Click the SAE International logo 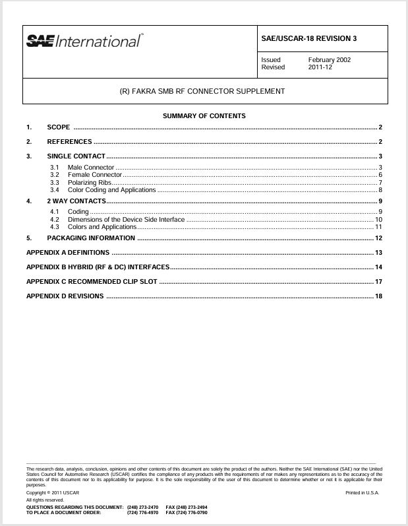[x=84, y=41]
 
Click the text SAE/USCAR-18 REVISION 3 [x=309, y=38]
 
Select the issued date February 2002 [x=329, y=60]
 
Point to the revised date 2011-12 [x=320, y=67]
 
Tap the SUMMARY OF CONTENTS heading [x=204, y=116]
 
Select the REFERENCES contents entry [x=69, y=142]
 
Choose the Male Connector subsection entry [x=90, y=168]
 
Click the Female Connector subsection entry [x=94, y=175]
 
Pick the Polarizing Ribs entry [x=90, y=182]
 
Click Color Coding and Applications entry [x=111, y=190]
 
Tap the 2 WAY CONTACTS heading [x=76, y=201]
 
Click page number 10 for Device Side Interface [x=378, y=219]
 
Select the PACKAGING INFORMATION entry [x=91, y=238]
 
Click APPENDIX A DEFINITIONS [x=67, y=253]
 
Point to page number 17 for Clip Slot [x=378, y=282]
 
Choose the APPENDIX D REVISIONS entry [x=65, y=296]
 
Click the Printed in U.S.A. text [x=362, y=493]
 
